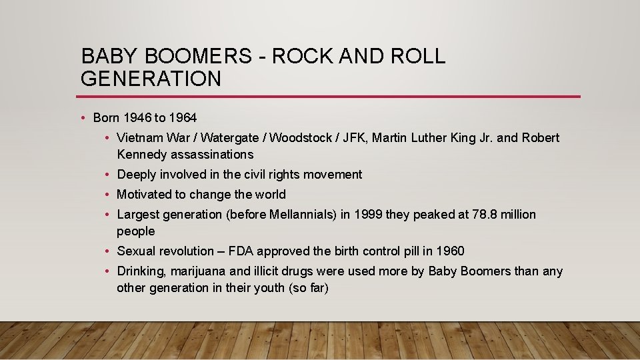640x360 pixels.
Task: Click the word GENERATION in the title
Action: (151, 79)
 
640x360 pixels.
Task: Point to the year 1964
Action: (183, 118)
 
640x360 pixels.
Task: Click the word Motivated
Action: (143, 195)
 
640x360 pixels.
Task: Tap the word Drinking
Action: (142, 271)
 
